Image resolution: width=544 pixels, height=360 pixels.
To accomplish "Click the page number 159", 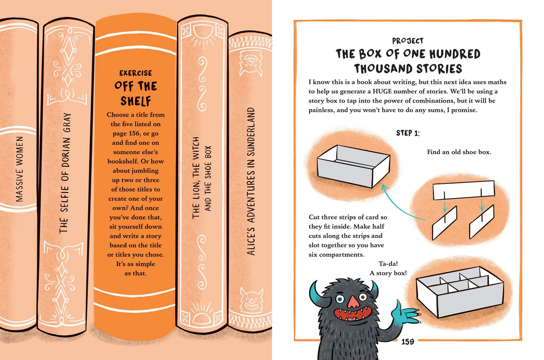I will pos(408,342).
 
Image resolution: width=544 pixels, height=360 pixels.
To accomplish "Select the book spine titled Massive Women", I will pos(19,169).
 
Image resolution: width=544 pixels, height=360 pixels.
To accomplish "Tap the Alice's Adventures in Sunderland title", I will pos(251,181).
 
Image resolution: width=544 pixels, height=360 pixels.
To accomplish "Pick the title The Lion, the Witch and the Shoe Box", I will pos(201,178).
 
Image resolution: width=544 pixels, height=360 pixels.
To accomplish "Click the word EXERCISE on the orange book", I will pos(136,73).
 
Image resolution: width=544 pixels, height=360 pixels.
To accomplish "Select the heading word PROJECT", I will pos(408,41).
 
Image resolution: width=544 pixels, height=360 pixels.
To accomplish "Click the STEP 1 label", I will pos(408,133).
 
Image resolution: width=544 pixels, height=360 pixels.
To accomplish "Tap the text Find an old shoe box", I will pos(459,152).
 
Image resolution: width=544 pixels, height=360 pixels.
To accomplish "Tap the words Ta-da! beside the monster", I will pos(388,264).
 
